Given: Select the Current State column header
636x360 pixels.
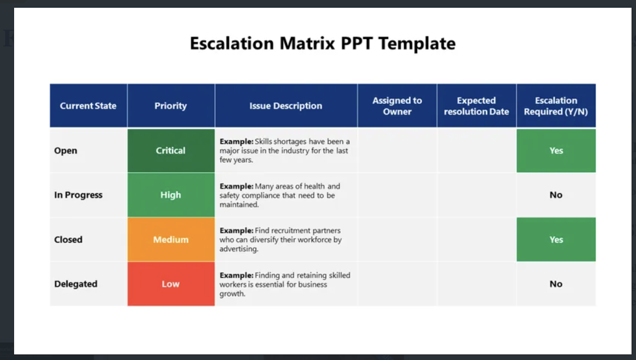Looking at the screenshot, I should (88, 106).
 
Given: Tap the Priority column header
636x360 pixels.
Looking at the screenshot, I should (171, 106).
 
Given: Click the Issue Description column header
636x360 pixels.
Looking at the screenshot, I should (286, 106).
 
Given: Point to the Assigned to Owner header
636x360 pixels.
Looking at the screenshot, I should (397, 106).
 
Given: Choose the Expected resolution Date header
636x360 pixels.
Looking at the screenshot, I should (476, 106).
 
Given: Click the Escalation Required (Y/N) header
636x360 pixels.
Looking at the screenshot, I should (556, 106).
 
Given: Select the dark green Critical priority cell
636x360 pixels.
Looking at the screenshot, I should (171, 151).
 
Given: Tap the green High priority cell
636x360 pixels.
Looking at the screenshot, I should (171, 195).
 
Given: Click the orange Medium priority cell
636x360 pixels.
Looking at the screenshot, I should (171, 240).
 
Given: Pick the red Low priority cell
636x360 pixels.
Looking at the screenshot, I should (171, 284).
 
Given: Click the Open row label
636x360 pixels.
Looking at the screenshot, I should (66, 151).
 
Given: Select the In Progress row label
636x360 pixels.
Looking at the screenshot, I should (78, 195).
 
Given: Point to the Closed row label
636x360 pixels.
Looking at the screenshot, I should (68, 240).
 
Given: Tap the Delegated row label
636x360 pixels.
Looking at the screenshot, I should (76, 284).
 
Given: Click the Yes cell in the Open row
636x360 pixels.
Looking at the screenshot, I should (556, 151).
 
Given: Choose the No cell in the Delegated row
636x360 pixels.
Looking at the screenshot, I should (556, 284).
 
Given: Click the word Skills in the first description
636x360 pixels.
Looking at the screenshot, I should (263, 141).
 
